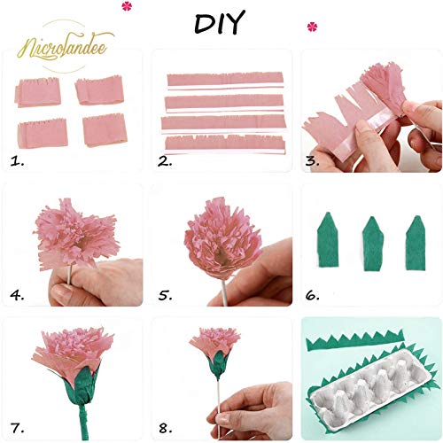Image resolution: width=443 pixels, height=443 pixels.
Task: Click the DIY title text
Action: point(218,23)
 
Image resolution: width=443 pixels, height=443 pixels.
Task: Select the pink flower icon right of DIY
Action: point(311,27)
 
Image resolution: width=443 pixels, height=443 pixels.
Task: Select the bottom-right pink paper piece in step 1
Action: point(105,129)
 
